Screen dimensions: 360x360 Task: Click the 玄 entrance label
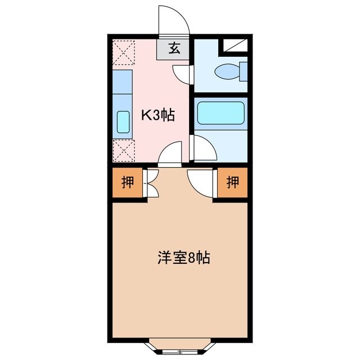pos(174,49)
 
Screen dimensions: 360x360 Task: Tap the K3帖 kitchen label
pos(157,116)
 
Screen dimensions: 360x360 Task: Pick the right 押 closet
pos(232,182)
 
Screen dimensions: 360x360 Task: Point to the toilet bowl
pos(227,71)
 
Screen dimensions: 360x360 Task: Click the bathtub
pos(221,112)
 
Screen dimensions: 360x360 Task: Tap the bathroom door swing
pos(203,147)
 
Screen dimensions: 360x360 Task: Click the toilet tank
pos(244,71)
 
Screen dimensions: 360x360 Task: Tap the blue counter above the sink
pos(123,82)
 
